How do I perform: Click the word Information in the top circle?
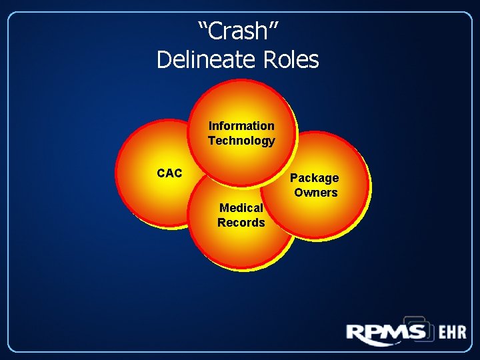241,125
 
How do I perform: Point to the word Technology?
241,141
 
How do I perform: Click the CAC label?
169,173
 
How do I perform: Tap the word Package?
314,178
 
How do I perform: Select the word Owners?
315,193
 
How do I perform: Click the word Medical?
241,207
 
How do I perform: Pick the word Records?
241,222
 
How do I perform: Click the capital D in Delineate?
163,60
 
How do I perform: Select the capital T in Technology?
212,141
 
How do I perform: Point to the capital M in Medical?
223,207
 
